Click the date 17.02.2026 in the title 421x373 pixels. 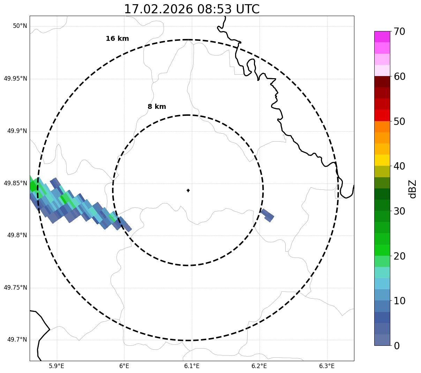(x=158, y=9)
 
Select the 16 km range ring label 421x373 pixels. (x=117, y=39)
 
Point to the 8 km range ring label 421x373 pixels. (x=157, y=107)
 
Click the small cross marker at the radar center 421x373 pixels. (x=188, y=191)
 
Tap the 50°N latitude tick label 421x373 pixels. (x=20, y=26)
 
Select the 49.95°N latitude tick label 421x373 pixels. (x=15, y=79)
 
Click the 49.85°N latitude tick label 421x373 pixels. (x=15, y=183)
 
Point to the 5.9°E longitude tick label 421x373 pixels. (x=57, y=366)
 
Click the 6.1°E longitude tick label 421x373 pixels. (x=192, y=366)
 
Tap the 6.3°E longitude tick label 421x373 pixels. (x=327, y=366)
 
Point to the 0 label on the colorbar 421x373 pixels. (x=397, y=346)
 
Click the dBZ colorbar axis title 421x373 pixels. (x=413, y=189)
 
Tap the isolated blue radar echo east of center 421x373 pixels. (x=267, y=215)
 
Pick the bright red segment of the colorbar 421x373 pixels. (x=382, y=115)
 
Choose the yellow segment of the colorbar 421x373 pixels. (x=382, y=160)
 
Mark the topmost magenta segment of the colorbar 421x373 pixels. (x=382, y=37)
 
